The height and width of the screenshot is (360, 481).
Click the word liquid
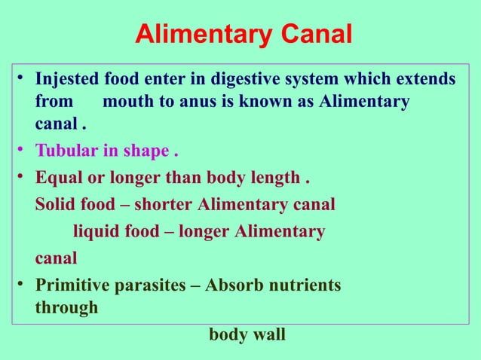93,231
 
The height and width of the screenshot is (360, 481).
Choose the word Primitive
72,285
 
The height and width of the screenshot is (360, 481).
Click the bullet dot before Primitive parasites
24,285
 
